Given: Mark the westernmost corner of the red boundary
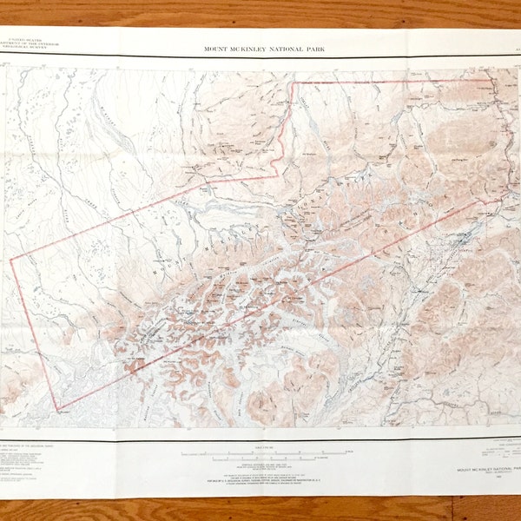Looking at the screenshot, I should click(10, 260).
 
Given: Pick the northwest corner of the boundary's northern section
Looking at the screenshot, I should click(293, 83).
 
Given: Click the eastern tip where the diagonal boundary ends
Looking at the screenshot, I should click(501, 201).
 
